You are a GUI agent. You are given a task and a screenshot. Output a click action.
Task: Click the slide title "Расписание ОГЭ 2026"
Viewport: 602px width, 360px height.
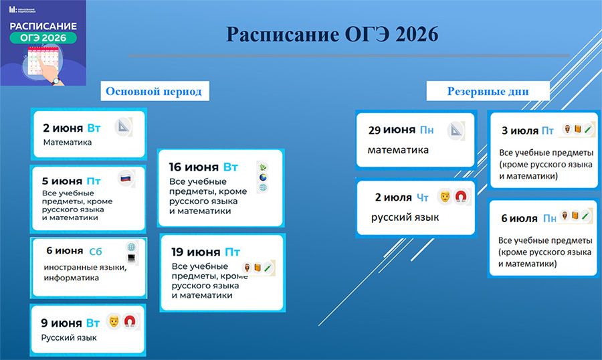(332, 34)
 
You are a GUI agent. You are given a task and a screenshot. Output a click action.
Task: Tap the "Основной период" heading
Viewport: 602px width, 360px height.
(154, 92)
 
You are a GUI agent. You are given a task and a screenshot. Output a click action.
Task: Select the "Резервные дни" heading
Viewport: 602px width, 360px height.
(488, 92)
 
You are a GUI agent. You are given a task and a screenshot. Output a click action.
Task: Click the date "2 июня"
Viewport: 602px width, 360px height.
(63, 128)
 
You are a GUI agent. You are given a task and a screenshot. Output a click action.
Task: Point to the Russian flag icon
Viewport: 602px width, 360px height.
(126, 178)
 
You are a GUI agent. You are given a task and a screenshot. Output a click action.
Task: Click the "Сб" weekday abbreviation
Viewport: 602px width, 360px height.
(96, 252)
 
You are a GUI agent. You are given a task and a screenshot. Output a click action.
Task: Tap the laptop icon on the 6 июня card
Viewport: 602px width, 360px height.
(131, 258)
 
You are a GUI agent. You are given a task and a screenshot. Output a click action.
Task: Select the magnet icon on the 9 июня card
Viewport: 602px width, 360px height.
(130, 321)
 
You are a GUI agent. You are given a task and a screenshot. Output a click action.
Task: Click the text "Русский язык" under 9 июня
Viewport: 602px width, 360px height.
(69, 338)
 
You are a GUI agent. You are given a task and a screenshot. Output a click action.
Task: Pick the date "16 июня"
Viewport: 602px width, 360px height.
(194, 167)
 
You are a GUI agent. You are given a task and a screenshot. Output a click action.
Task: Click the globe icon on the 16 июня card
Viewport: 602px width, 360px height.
(263, 177)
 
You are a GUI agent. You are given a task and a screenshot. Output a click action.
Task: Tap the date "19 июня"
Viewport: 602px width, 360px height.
(196, 252)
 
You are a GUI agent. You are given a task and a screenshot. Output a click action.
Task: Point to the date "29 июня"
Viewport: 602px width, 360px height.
(392, 130)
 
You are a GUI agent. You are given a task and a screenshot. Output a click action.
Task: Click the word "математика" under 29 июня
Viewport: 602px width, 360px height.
(398, 150)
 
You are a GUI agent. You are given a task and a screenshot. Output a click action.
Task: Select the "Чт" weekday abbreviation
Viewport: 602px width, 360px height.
(422, 198)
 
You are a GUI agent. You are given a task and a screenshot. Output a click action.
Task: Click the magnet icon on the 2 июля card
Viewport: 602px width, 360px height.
(460, 197)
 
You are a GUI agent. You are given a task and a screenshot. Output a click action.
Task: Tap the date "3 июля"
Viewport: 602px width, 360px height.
(520, 131)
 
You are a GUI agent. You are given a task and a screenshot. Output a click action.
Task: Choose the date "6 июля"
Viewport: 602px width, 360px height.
(519, 219)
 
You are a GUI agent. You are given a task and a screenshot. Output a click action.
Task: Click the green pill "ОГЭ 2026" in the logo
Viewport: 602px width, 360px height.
(43, 37)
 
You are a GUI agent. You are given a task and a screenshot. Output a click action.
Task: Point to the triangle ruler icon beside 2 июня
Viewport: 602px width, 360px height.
(124, 126)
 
